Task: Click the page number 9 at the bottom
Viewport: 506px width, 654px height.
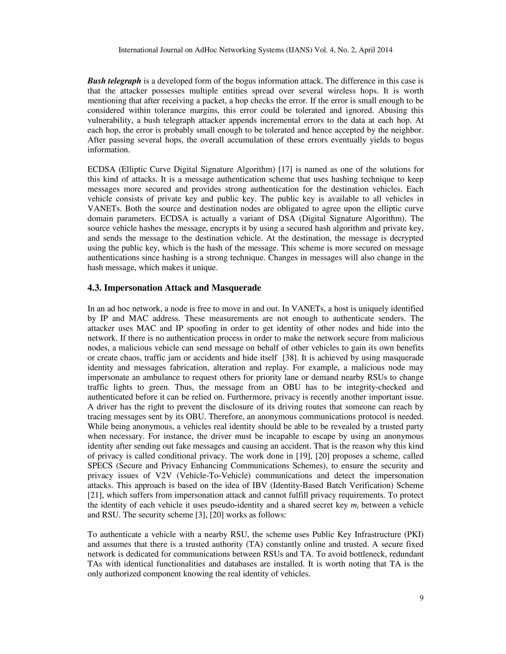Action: coord(422,598)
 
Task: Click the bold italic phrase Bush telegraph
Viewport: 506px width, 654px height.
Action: coord(114,81)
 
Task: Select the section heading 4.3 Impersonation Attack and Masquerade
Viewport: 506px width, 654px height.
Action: coord(174,288)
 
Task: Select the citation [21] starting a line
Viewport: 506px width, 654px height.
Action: coord(94,495)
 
